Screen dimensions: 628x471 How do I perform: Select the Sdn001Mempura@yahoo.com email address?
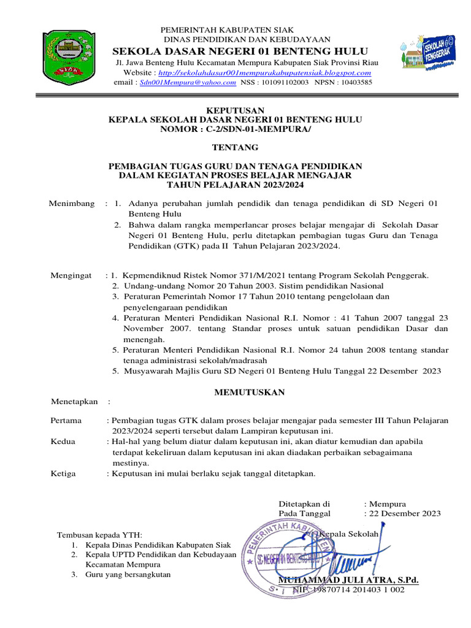188,82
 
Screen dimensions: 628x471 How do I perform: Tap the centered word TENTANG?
235,147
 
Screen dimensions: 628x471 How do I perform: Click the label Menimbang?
72,203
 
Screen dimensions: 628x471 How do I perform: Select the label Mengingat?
71,276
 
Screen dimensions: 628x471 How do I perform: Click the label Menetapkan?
74,402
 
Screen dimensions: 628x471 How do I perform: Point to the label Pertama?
66,421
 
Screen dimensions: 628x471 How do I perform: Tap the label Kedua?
63,442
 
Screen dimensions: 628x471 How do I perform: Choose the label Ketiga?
63,473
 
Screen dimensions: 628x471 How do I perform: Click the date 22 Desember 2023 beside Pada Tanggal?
405,514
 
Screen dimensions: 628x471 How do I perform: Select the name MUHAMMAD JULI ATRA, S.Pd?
348,580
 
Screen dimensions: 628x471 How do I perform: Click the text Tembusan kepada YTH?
99,534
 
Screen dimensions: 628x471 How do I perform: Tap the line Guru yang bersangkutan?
128,575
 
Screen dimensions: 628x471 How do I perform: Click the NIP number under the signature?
348,590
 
